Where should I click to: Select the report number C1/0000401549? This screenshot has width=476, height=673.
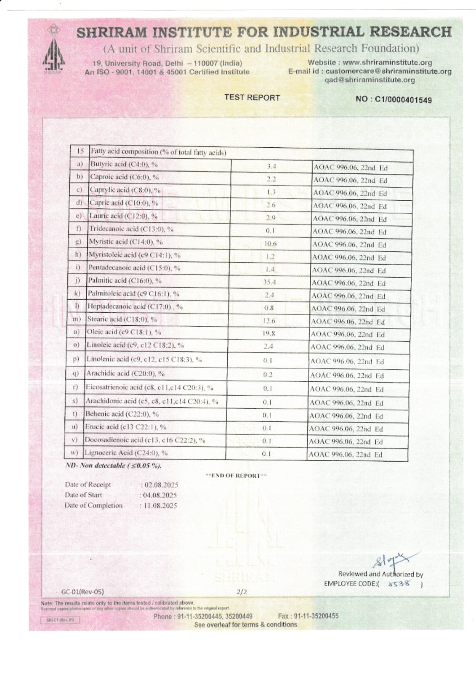[403, 100]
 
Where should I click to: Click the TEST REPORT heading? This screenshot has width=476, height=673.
[252, 98]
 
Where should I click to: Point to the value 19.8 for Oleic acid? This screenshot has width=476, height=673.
[269, 333]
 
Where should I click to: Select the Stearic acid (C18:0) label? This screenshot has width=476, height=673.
[122, 319]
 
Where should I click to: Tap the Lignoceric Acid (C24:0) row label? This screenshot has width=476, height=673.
[126, 453]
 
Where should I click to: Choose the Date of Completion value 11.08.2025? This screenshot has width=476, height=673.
[160, 505]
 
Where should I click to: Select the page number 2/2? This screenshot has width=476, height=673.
[242, 592]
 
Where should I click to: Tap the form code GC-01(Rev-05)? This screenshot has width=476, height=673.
[82, 591]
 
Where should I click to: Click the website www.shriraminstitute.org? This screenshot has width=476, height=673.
[387, 63]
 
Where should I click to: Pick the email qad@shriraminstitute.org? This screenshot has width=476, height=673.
[370, 80]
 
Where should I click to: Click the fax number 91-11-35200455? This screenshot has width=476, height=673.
[316, 616]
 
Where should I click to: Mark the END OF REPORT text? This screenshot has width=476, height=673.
[236, 476]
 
